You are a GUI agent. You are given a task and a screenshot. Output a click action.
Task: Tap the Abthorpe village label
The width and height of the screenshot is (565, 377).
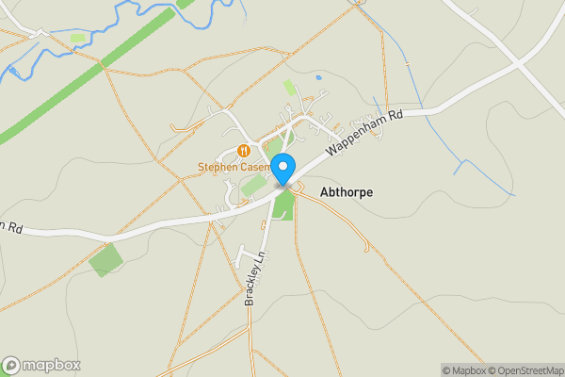pyautogui.click(x=347, y=192)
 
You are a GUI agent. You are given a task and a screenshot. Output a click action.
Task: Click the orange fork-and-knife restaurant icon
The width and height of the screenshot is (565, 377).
pyautogui.click(x=244, y=151)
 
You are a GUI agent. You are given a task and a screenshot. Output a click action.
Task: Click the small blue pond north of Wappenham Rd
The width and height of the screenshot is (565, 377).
pyautogui.click(x=319, y=76)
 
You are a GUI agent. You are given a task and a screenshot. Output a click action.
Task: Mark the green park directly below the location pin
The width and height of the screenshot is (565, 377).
pyautogui.click(x=283, y=205)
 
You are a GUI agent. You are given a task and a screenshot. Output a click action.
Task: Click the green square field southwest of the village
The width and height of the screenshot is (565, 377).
pyautogui.click(x=105, y=259)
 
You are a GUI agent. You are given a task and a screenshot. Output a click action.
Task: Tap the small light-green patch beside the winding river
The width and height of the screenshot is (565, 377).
pyautogui.click(x=78, y=38)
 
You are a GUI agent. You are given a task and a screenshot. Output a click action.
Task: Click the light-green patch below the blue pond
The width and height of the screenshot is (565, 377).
pyautogui.click(x=289, y=87)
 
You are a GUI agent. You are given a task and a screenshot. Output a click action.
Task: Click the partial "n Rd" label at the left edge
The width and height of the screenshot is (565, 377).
pyautogui.click(x=10, y=227)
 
